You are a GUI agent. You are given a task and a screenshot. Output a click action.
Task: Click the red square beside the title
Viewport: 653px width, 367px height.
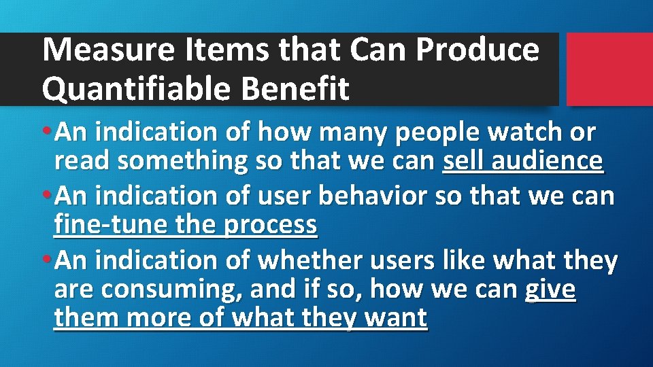[x=609, y=69]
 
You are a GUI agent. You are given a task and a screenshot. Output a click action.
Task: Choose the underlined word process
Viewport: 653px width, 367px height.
[x=276, y=225]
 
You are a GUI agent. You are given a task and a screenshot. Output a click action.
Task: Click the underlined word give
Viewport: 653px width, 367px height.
[x=550, y=290]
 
